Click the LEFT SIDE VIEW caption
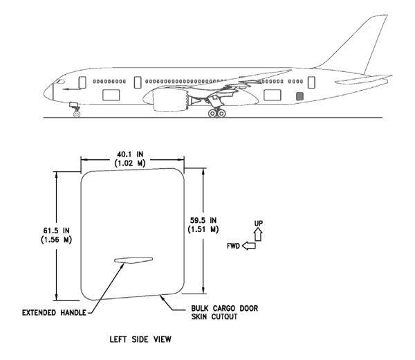tap(133, 339)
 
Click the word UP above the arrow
tap(259, 223)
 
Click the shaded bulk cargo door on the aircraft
tap(299, 96)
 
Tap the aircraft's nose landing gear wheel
tap(76, 113)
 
